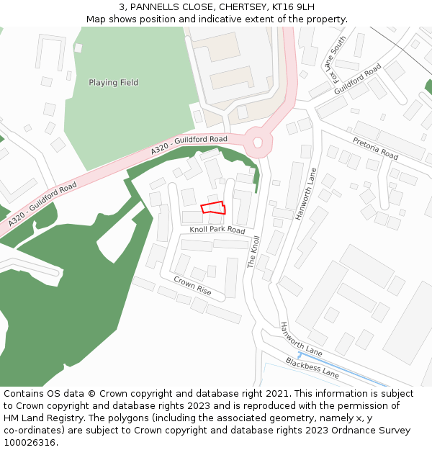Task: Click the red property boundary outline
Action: (213, 208)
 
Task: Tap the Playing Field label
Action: (113, 83)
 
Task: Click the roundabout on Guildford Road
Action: (258, 143)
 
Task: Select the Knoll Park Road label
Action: (217, 230)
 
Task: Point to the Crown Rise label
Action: (192, 285)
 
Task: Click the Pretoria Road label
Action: (375, 148)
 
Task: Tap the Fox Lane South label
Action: (338, 59)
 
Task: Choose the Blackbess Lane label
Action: (312, 367)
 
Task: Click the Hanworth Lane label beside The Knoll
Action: (306, 194)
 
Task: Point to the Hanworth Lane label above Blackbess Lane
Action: (301, 340)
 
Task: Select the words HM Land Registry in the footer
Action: (40, 418)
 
